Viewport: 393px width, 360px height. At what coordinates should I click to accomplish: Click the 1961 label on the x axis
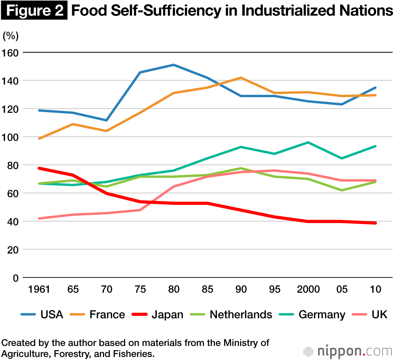(x=39, y=290)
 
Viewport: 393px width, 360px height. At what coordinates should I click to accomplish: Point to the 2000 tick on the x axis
(x=308, y=290)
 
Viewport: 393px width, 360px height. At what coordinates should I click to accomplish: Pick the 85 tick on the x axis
(x=207, y=290)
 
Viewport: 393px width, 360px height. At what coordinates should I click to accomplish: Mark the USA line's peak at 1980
(x=173, y=65)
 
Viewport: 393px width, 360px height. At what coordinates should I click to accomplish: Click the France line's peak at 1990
(x=241, y=78)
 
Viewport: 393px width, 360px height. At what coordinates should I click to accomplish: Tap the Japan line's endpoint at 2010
(x=376, y=223)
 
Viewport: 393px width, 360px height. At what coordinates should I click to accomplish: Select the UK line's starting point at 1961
(x=39, y=219)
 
